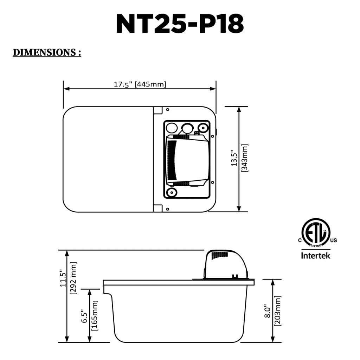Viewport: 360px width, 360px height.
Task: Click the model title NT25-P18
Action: coord(180,24)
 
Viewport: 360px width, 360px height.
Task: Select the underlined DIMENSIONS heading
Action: coord(47,52)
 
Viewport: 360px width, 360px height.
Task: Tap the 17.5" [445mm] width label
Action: coord(140,84)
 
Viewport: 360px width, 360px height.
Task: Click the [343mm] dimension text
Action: coord(245,158)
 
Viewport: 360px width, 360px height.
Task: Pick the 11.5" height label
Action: coord(63,278)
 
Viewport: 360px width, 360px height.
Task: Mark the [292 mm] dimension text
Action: coord(73,278)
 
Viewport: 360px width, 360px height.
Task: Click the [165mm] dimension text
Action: coord(94,316)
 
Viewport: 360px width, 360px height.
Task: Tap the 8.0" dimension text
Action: coord(267,311)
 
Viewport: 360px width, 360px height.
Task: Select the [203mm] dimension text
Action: coord(278,311)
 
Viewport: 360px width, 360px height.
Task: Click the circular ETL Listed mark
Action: coord(315,233)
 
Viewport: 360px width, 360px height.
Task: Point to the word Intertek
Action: coord(315,256)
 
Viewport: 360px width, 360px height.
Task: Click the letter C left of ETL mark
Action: coord(300,240)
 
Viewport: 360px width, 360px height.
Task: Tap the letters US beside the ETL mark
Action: coord(333,240)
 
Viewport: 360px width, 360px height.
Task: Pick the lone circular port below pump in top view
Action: coord(172,192)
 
